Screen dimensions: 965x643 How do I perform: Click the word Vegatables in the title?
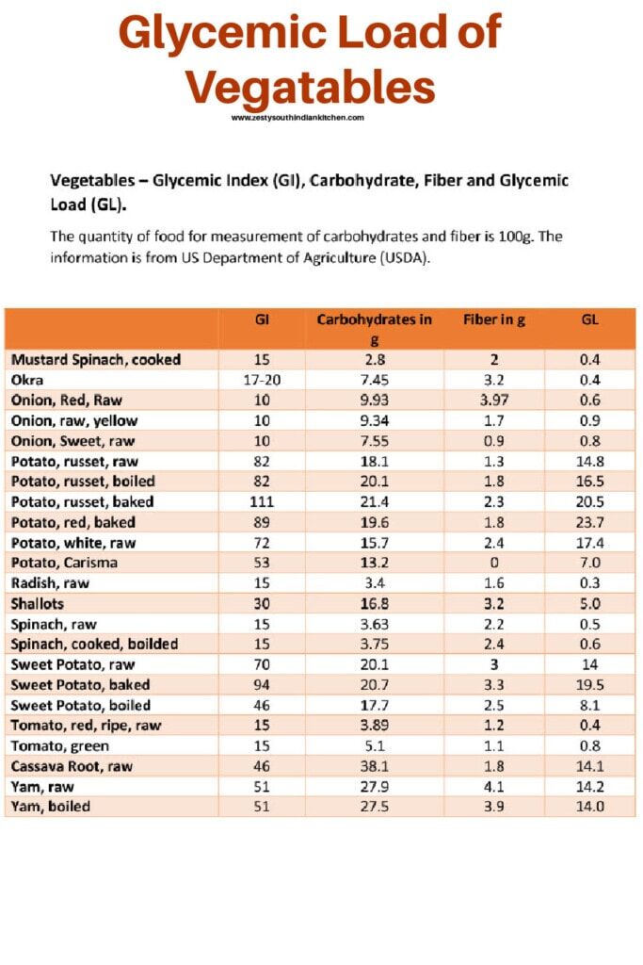[310, 87]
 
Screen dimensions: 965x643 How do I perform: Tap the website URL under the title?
[297, 118]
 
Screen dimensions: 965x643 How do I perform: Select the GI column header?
[263, 319]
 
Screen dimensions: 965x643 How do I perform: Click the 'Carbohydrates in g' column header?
[374, 329]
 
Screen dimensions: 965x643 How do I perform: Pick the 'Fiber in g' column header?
[494, 319]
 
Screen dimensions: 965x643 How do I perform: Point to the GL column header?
[590, 319]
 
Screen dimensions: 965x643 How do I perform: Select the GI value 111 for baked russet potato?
[263, 501]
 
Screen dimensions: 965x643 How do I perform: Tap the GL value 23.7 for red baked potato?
[590, 522]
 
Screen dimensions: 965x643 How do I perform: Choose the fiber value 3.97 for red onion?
[494, 400]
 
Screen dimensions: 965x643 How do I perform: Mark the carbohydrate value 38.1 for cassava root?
[374, 766]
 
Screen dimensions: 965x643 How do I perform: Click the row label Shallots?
[38, 603]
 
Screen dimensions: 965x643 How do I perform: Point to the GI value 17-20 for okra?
[263, 380]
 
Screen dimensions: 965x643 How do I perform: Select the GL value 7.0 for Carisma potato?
[590, 563]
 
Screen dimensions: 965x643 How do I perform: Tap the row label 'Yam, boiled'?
[51, 806]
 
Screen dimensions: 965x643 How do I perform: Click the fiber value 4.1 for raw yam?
[494, 786]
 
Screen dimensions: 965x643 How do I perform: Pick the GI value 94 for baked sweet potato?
[263, 684]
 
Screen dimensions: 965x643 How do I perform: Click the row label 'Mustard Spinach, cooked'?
[95, 359]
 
